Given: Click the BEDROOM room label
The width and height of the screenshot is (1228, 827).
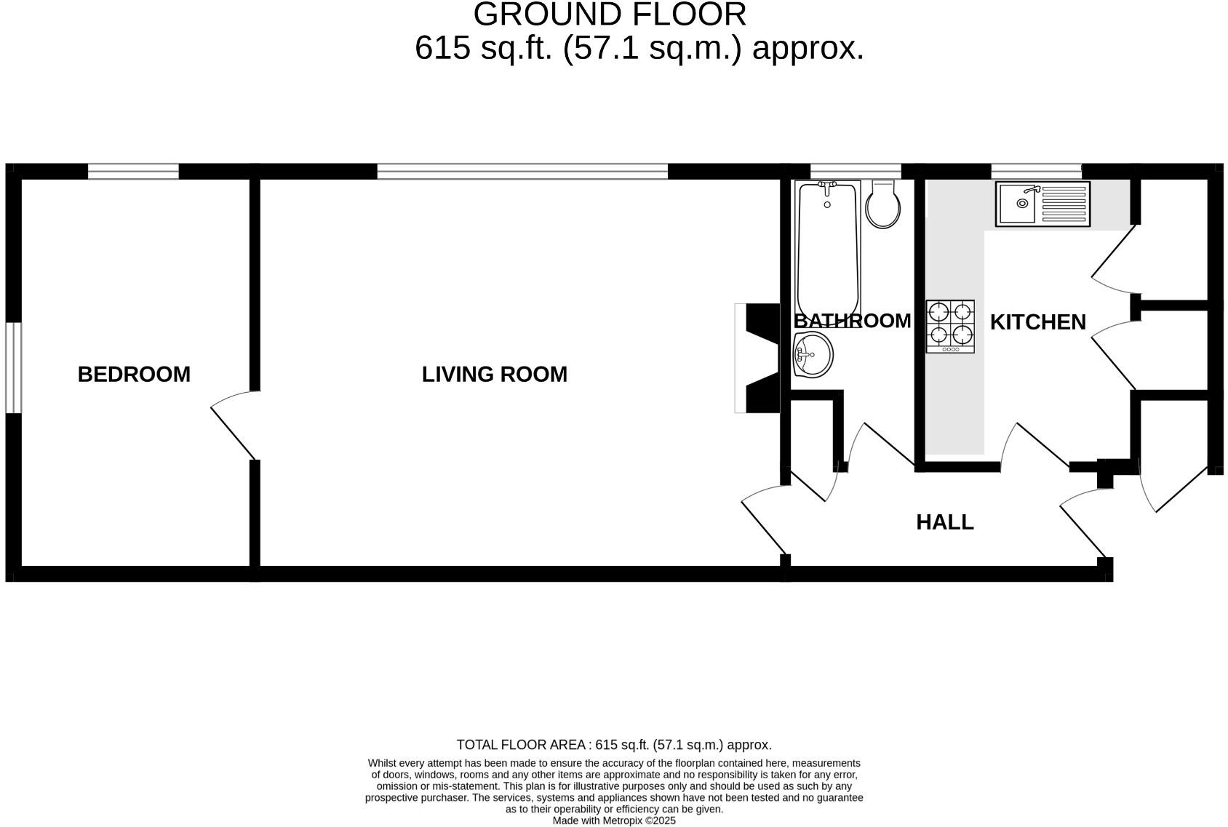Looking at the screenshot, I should coord(134,375).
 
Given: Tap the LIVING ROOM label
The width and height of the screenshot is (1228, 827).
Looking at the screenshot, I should coord(494,375).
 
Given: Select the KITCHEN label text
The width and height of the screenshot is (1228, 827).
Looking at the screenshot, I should coord(1037,322).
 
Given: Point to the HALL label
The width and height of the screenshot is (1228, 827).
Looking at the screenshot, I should coord(944,522).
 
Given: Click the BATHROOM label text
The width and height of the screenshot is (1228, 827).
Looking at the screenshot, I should coord(852,321).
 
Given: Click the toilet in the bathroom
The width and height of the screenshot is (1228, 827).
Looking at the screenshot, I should coord(883,204).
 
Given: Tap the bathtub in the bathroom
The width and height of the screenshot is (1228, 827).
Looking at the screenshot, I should coord(828,247).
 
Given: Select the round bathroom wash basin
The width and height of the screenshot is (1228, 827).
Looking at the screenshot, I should coord(812,355).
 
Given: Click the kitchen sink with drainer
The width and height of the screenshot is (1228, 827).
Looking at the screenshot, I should coord(1043,204).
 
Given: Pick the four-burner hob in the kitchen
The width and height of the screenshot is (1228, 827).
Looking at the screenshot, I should coord(950,327).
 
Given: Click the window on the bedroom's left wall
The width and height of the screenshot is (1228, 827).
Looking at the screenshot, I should coord(13,367).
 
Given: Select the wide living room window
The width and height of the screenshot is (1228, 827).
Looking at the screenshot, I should coord(522,172).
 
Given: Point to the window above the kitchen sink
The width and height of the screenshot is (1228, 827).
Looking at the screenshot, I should coord(1036,172).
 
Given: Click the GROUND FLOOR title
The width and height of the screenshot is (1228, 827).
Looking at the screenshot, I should coord(610,15).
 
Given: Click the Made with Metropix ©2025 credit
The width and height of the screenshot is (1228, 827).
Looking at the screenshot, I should coord(614,820).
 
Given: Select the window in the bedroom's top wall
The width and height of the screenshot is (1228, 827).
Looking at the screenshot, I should coord(133,172).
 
